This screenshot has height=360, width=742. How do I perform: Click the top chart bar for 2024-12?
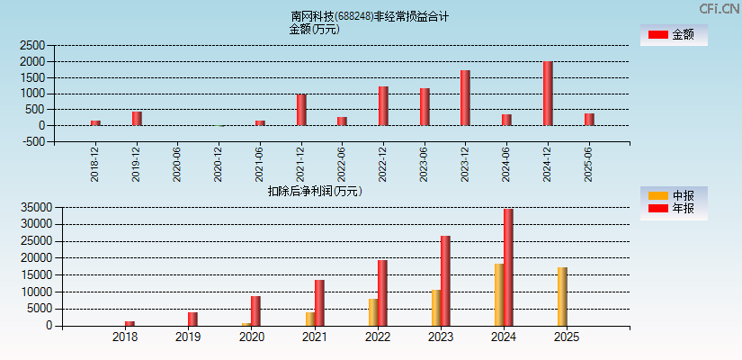click(x=548, y=94)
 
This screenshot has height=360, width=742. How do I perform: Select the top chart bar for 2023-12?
click(x=465, y=98)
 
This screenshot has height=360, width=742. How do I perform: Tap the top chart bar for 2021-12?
click(x=301, y=110)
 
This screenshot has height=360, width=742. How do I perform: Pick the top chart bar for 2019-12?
click(x=137, y=118)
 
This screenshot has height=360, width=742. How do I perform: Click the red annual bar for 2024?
click(x=508, y=267)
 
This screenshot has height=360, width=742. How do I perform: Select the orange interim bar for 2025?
click(x=562, y=296)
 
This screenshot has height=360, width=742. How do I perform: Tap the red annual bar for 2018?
click(x=130, y=323)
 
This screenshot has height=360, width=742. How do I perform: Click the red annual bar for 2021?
click(x=319, y=302)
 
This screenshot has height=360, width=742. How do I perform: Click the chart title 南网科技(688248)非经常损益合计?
click(x=370, y=16)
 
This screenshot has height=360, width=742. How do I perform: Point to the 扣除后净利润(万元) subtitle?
click(x=315, y=191)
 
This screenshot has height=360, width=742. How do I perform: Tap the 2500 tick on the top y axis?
click(x=32, y=45)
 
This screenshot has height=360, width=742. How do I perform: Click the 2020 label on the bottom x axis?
click(x=251, y=337)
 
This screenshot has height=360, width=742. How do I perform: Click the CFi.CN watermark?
click(x=719, y=8)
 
